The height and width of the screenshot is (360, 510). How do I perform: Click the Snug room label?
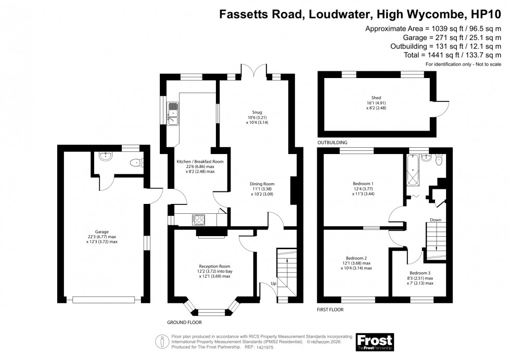click(254, 112)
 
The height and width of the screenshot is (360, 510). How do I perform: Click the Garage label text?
click(101, 232)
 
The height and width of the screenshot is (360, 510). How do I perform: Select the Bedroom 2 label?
click(356, 258)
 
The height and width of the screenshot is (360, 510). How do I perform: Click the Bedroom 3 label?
click(420, 272)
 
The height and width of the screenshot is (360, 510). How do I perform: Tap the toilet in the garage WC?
click(137, 162)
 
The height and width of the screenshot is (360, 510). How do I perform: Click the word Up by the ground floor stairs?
click(273, 284)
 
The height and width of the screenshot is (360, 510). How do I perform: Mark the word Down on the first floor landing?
click(435, 220)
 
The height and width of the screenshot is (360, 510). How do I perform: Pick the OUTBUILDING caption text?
click(332, 142)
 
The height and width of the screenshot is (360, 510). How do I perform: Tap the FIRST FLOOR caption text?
click(330, 310)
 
